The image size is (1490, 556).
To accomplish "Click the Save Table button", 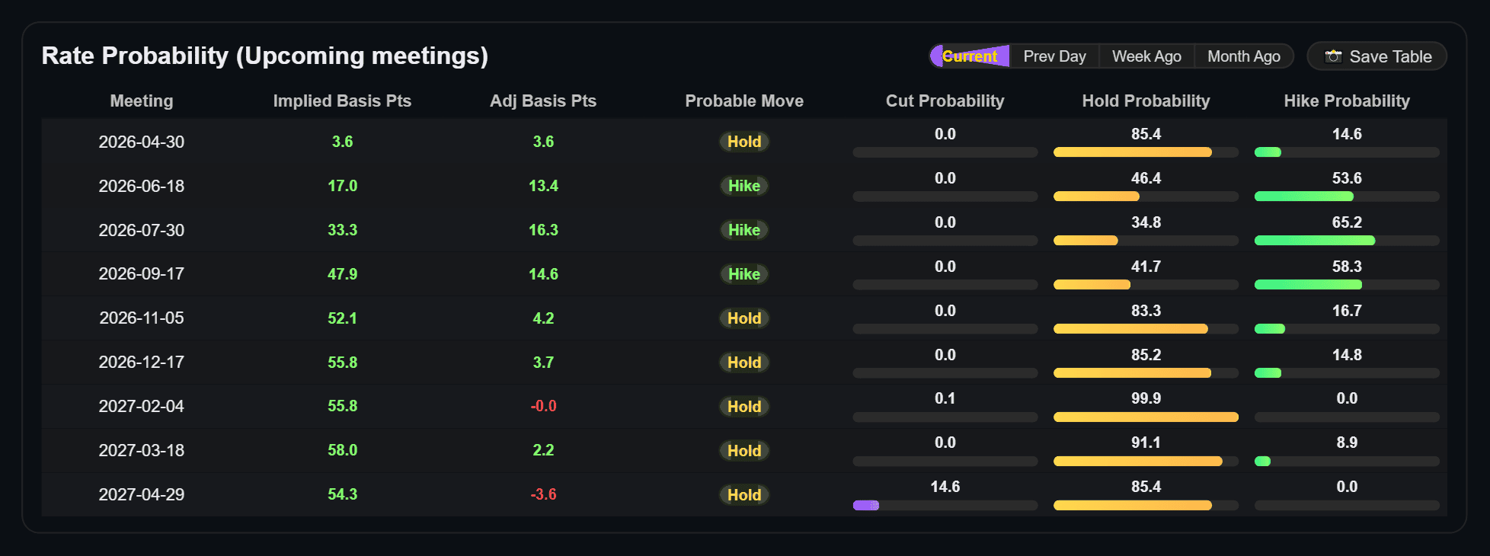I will click(1377, 56).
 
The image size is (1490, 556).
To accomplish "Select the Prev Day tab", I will click(1054, 56).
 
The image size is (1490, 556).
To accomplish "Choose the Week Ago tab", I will click(1146, 56).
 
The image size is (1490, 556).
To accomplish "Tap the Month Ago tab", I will click(1243, 56).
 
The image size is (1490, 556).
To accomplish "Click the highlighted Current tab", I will click(970, 56).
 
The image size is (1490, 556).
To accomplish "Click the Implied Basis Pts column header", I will click(342, 101).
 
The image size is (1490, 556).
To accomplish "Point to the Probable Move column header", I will click(743, 101).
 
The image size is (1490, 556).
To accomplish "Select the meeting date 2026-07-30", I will click(142, 230).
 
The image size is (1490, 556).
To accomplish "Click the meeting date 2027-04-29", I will click(142, 494).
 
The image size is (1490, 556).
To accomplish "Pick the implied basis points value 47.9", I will click(342, 274).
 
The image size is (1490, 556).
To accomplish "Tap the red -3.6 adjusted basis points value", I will click(543, 494).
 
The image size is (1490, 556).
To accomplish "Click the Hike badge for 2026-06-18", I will click(743, 186).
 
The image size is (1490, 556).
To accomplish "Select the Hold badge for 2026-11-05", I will click(743, 318).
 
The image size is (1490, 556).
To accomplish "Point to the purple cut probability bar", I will click(866, 505).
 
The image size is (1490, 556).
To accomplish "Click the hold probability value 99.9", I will click(1146, 398).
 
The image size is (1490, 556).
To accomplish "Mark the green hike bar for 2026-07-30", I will click(1314, 241).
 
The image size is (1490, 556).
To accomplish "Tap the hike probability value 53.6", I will click(1347, 178).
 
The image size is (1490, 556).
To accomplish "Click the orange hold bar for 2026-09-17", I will click(1092, 285).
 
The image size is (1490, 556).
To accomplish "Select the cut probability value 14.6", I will click(945, 487).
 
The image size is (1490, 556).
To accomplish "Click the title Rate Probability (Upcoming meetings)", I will click(264, 56).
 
